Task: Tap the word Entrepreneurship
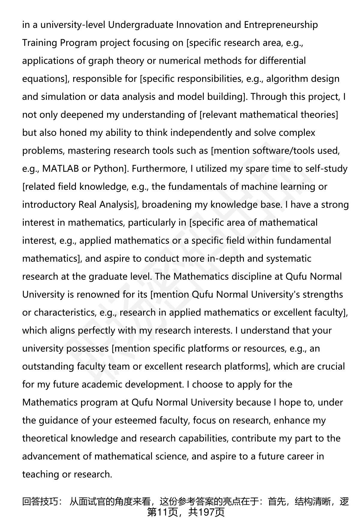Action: (x=281, y=25)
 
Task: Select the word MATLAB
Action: (x=60, y=169)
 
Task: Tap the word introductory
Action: (x=49, y=205)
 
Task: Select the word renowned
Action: (x=97, y=295)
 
